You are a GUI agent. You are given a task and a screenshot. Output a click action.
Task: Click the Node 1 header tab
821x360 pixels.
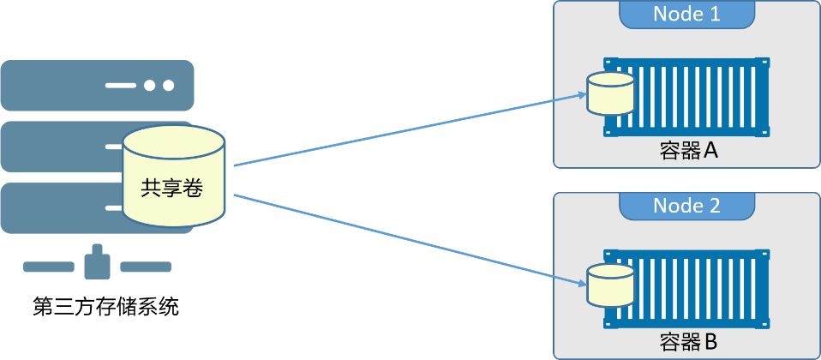687,15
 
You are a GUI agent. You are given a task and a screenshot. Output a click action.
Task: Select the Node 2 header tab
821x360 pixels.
687,206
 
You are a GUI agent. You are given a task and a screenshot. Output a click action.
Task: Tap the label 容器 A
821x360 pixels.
688,151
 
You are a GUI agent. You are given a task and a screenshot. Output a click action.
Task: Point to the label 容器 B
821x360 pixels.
688,343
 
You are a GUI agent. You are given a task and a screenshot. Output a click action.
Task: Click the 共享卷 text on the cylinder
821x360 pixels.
171,188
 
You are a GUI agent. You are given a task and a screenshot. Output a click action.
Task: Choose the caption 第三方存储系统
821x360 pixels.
105,307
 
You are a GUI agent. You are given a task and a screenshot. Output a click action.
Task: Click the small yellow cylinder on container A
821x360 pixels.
610,93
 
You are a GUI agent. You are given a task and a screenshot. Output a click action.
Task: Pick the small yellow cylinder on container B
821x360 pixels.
610,285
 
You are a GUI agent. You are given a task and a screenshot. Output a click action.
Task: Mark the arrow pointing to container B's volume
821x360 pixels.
410,240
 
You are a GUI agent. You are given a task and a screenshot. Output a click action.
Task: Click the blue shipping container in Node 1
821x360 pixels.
687,97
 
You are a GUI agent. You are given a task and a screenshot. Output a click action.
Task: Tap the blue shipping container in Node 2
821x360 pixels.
687,289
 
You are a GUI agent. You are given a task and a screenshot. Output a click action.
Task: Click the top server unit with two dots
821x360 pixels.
98,85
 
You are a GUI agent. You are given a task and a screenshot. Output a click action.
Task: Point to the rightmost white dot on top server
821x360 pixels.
168,85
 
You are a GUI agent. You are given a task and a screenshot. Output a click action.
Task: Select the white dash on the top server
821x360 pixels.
121,85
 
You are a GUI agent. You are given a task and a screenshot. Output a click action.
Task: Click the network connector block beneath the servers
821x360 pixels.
98,262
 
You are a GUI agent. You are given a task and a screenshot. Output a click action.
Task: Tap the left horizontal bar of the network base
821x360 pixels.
49,267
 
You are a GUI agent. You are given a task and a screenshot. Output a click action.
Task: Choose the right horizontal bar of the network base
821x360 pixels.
146,267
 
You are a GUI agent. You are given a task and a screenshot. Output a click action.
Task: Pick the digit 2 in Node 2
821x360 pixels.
714,206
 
